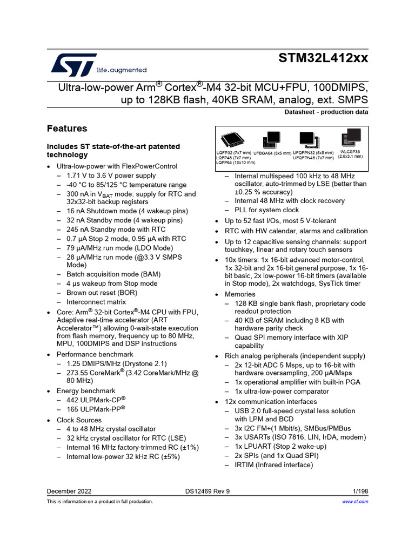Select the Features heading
click(x=67, y=129)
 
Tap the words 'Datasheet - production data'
click(x=326, y=112)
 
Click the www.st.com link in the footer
click(x=356, y=502)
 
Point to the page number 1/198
click(x=360, y=491)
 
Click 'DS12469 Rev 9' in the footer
click(x=207, y=491)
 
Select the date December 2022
click(x=69, y=491)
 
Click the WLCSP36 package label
click(x=350, y=154)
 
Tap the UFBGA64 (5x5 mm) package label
click(x=272, y=153)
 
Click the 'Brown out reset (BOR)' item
click(x=102, y=293)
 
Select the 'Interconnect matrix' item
click(x=96, y=302)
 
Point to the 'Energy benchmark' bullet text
click(x=86, y=390)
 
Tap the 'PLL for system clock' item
click(x=266, y=210)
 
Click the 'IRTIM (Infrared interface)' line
click(x=273, y=464)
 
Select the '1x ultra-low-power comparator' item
click(x=282, y=391)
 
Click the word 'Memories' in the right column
click(x=240, y=294)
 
